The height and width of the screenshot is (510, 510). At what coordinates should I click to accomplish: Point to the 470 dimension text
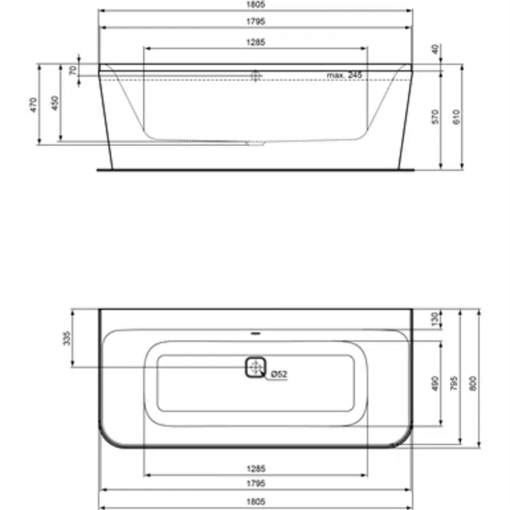(x=33, y=104)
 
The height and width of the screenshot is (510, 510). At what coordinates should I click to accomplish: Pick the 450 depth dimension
(x=54, y=104)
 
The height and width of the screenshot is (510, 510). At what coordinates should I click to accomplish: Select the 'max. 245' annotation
(x=345, y=75)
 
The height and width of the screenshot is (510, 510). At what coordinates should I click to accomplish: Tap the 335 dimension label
(x=66, y=338)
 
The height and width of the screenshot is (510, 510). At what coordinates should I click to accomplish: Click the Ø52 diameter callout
(x=278, y=374)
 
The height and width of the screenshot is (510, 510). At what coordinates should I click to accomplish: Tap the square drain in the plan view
(x=256, y=367)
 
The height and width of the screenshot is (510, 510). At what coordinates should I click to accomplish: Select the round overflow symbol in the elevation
(x=255, y=76)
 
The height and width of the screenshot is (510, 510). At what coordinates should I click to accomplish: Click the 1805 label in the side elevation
(x=255, y=5)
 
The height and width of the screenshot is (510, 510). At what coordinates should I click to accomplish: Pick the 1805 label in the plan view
(x=255, y=502)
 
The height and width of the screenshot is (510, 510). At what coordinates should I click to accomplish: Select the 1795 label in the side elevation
(x=255, y=23)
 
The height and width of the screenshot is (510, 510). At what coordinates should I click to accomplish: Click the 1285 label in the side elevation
(x=255, y=43)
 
